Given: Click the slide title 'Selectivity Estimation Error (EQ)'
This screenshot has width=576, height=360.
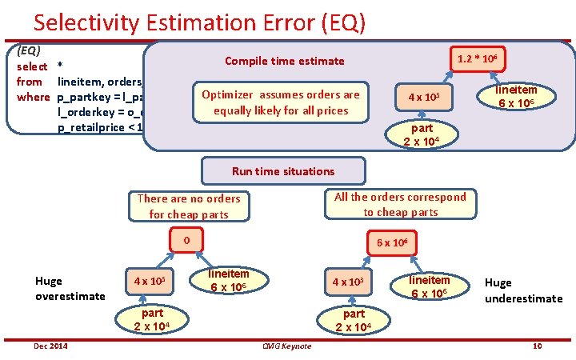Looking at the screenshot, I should (199, 22).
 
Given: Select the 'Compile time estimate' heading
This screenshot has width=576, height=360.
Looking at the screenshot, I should (284, 61).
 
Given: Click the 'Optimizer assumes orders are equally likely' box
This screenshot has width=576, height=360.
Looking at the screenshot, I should (281, 102).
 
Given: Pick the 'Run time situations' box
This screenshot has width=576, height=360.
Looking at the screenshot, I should (283, 170).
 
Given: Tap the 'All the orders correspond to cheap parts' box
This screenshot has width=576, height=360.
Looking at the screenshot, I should (400, 204).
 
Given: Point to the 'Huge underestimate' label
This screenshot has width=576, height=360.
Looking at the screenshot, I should (523, 290).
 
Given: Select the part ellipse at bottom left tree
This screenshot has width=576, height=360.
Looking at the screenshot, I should (160, 319).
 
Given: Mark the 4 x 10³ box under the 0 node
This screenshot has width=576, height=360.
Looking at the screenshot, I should (150, 282).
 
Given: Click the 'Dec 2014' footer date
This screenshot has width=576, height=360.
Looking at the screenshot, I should (50, 345).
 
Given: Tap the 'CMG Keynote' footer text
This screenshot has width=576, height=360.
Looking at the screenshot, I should (286, 346).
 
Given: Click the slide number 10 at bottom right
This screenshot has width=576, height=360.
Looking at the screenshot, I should (538, 345).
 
